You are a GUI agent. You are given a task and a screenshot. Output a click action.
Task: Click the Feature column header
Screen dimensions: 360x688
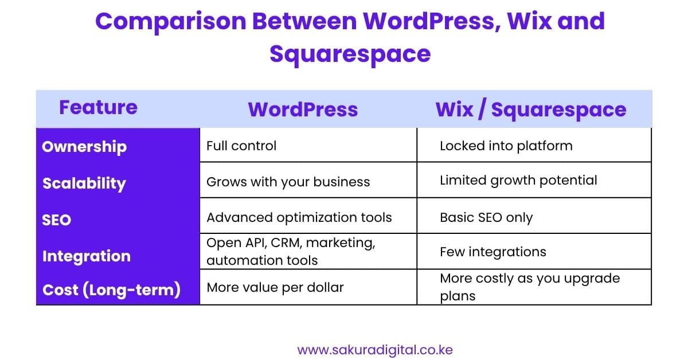point(98,107)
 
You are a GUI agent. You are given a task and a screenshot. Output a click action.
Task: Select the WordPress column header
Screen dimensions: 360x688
point(303,109)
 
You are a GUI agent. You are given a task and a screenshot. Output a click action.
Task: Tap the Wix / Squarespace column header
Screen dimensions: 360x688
point(531,109)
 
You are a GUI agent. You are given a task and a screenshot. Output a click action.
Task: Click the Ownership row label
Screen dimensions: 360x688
point(84,146)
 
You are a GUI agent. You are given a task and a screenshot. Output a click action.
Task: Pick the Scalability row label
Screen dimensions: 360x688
point(84,183)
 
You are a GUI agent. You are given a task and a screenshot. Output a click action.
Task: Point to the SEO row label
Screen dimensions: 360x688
point(56,220)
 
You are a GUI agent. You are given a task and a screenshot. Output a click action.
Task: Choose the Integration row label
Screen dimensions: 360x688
point(86,256)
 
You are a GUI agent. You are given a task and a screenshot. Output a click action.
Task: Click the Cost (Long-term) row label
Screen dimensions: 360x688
point(111,290)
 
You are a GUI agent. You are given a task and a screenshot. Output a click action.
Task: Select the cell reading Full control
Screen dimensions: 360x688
point(241,146)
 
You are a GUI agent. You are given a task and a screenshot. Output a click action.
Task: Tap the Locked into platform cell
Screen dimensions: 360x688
point(506,146)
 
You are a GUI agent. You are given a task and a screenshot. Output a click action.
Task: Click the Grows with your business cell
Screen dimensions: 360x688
point(288,182)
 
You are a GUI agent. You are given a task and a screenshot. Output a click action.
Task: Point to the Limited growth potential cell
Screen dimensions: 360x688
point(518,180)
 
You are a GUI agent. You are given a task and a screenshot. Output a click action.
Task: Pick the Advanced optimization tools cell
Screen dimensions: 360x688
point(299,217)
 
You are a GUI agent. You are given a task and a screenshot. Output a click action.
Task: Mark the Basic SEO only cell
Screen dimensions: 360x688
point(486,218)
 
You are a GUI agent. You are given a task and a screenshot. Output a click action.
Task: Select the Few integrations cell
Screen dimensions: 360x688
point(492,252)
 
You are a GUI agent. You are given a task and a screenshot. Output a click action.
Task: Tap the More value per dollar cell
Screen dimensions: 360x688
point(275,287)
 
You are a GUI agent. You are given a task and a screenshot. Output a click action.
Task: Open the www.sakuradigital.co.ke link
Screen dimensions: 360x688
point(375,350)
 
